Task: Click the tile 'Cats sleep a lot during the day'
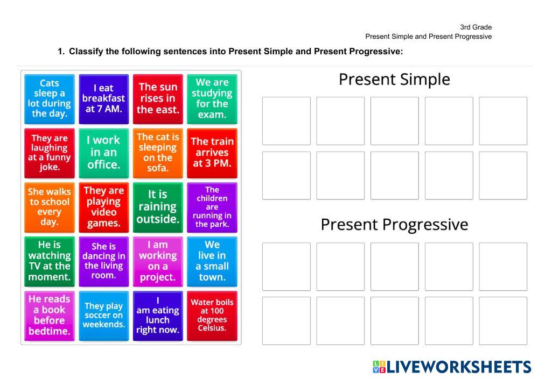(50, 99)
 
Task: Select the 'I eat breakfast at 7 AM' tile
(103, 99)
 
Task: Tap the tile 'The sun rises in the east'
(158, 99)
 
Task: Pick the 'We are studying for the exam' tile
(212, 99)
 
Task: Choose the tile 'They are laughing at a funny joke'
(50, 153)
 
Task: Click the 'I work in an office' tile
(103, 153)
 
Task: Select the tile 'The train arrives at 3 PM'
(212, 153)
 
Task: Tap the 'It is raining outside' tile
(158, 207)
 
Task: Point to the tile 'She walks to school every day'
(50, 207)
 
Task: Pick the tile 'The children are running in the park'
(212, 207)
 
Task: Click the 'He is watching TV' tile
(50, 262)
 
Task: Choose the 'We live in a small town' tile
(212, 262)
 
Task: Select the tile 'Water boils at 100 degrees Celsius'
(212, 316)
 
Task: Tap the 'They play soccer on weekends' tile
(103, 316)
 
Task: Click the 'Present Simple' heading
(394, 80)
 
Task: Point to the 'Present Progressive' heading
(394, 225)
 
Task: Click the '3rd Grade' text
(476, 27)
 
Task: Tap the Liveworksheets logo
(451, 367)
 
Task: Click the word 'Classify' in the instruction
(86, 52)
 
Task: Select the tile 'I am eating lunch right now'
(158, 316)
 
